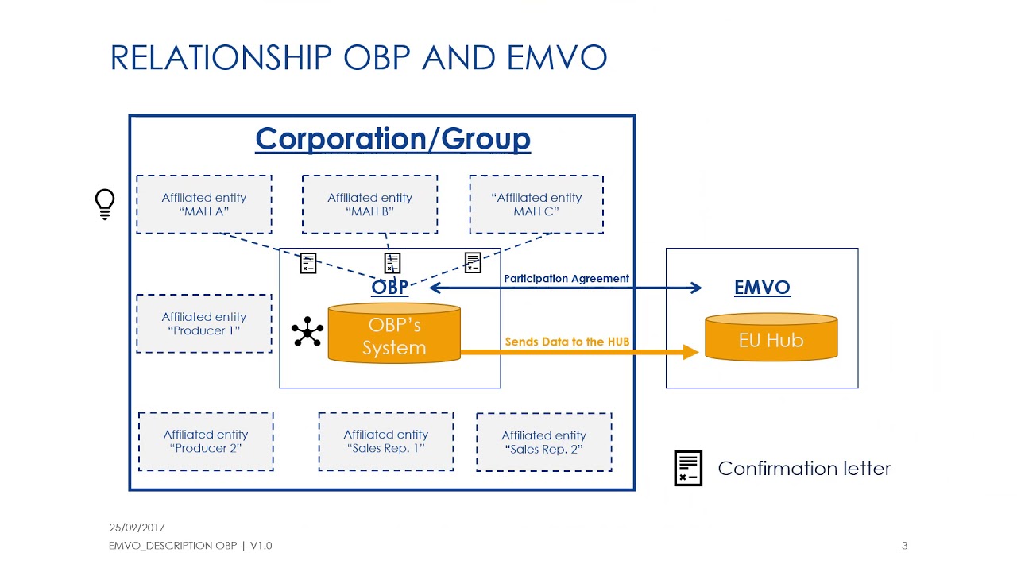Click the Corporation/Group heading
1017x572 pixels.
[392, 139]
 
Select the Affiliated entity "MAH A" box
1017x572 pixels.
[204, 205]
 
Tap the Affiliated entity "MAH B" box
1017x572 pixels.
[369, 205]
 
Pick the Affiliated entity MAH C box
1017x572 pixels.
[536, 205]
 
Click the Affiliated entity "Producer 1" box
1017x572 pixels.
[204, 323]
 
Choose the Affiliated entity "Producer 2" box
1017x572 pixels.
[206, 442]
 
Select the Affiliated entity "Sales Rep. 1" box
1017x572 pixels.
[386, 442]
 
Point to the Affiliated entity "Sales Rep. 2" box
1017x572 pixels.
[544, 443]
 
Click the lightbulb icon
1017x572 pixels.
[105, 203]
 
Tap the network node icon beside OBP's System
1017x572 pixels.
[307, 332]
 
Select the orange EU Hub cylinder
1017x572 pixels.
[771, 338]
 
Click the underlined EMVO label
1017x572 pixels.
[762, 288]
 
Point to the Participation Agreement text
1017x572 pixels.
[567, 279]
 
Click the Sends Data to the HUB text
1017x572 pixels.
[567, 342]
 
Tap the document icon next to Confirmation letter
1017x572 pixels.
[688, 468]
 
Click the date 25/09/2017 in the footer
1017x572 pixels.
[137, 528]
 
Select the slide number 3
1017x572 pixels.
[904, 546]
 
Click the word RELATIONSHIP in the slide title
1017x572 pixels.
[221, 58]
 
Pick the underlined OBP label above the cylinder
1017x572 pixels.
[390, 288]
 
